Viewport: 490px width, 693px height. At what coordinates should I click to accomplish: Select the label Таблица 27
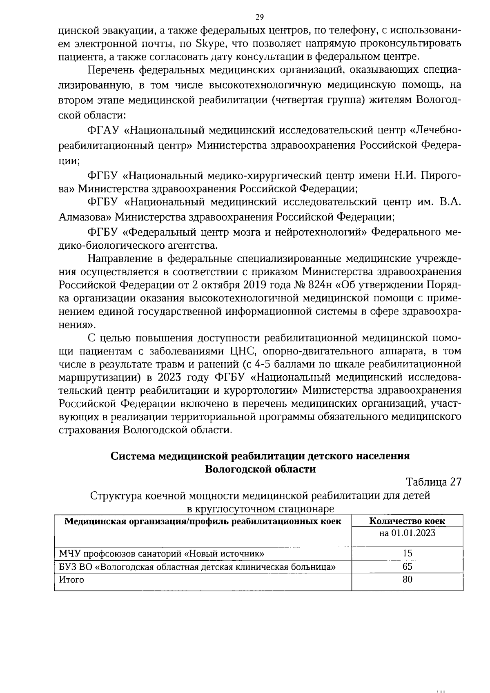(434, 482)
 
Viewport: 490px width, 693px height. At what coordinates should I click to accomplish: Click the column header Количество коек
(407, 521)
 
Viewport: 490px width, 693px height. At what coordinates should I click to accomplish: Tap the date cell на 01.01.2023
(407, 533)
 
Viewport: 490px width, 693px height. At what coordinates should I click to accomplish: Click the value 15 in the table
(407, 554)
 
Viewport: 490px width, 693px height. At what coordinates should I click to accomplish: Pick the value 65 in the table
(407, 567)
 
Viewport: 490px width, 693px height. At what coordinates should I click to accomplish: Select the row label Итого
(71, 580)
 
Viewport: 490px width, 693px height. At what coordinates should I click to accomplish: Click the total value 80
(407, 580)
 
